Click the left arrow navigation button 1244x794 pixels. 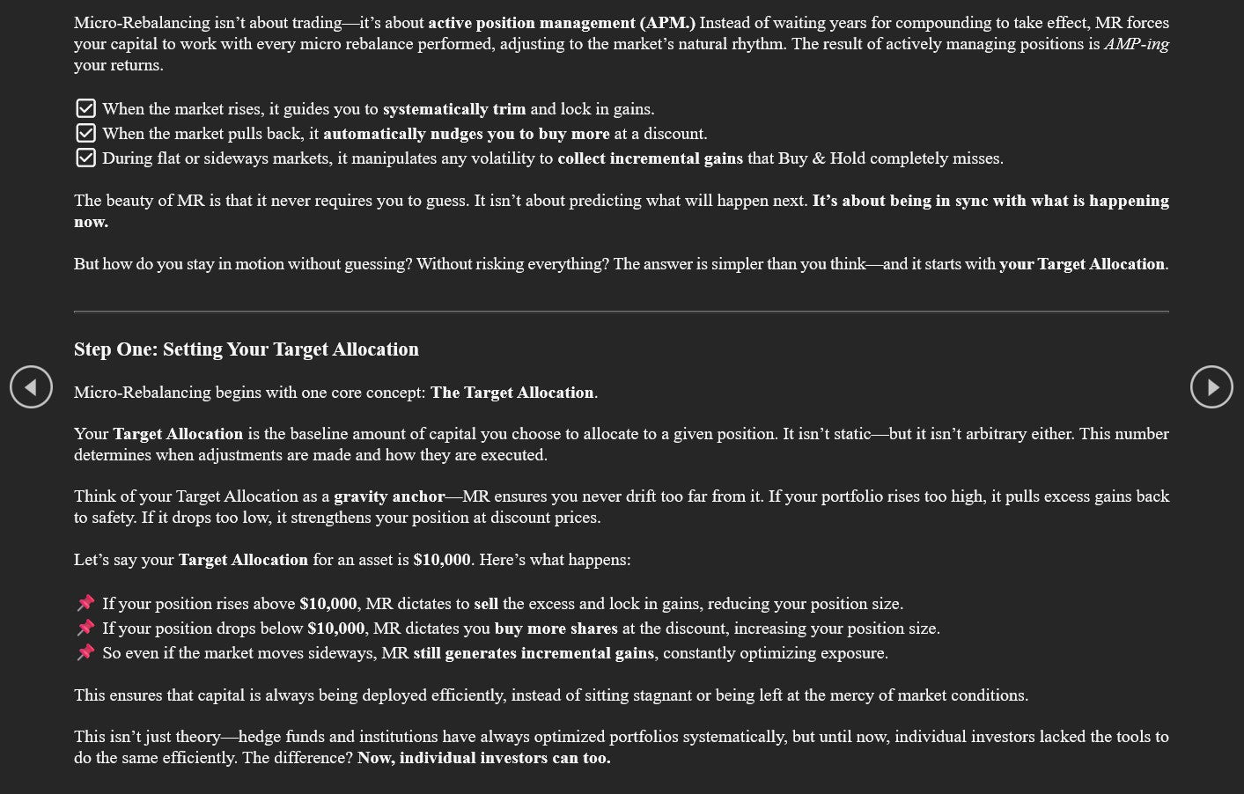coord(31,387)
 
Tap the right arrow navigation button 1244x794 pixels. coord(1211,387)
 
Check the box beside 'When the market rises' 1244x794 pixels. coord(85,108)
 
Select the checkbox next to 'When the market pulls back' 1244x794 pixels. coord(85,133)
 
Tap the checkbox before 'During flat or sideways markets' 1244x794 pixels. coord(85,158)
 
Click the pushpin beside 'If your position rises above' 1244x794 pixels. coord(85,603)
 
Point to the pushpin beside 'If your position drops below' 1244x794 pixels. coord(85,628)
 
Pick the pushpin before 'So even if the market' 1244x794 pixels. coord(85,652)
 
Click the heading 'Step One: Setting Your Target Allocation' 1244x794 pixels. coord(247,349)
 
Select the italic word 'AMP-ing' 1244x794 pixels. coord(1136,44)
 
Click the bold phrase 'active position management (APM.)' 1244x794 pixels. coord(561,23)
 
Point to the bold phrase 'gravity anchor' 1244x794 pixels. coord(389,496)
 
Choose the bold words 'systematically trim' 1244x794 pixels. coord(454,109)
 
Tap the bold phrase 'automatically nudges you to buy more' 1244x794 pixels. coord(466,134)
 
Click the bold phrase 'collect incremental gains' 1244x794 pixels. coord(650,158)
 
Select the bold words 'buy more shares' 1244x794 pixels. coord(556,629)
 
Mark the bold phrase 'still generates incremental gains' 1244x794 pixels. coord(534,653)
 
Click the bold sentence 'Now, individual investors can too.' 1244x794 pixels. coord(483,758)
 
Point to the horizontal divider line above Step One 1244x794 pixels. coord(622,312)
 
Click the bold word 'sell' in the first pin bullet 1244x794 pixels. coord(486,604)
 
